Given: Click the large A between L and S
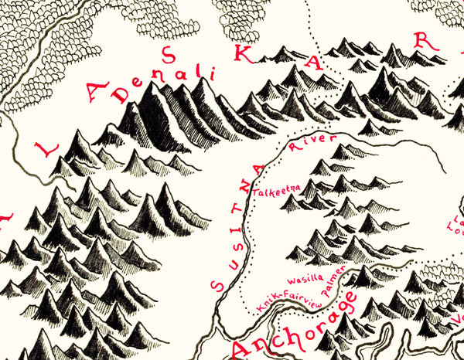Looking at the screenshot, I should click(93, 97).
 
